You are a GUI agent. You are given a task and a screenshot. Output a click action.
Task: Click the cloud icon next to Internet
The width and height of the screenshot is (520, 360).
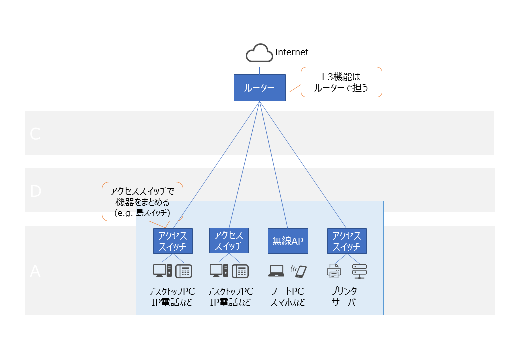[x=259, y=53]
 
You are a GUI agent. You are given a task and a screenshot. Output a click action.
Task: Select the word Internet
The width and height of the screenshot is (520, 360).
[x=292, y=52]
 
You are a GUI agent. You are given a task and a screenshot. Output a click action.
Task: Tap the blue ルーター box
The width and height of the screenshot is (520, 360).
[x=259, y=88]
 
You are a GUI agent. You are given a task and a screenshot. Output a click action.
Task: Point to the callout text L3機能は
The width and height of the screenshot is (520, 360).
[x=341, y=77]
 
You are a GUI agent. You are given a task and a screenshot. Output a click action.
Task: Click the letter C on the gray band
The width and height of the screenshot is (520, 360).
[x=35, y=134]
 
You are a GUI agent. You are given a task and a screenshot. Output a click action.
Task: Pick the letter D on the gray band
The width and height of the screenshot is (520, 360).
[x=35, y=191]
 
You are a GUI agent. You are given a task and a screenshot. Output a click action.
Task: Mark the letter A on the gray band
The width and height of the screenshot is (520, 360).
[x=35, y=271]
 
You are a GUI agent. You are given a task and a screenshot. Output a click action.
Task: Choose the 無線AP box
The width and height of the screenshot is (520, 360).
[x=288, y=241]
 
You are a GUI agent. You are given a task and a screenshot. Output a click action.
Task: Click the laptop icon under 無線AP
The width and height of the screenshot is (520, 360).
[x=276, y=271]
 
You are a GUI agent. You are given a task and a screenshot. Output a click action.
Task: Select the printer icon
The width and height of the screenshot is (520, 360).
[x=334, y=271]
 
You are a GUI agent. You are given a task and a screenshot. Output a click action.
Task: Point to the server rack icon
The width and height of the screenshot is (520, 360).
[x=359, y=271]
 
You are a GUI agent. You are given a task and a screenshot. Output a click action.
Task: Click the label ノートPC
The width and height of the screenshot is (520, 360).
[x=287, y=291]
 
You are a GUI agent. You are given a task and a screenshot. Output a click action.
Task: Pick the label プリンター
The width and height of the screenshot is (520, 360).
[x=347, y=291]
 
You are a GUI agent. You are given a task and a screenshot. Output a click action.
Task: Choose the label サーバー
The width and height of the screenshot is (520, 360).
[x=347, y=302]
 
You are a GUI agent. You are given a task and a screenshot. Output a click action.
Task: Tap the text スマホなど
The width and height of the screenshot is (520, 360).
[x=287, y=302]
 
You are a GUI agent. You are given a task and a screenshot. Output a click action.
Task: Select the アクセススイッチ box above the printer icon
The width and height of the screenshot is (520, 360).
[x=347, y=241]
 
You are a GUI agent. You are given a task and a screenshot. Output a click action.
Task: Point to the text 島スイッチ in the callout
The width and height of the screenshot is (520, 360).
[x=155, y=213]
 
